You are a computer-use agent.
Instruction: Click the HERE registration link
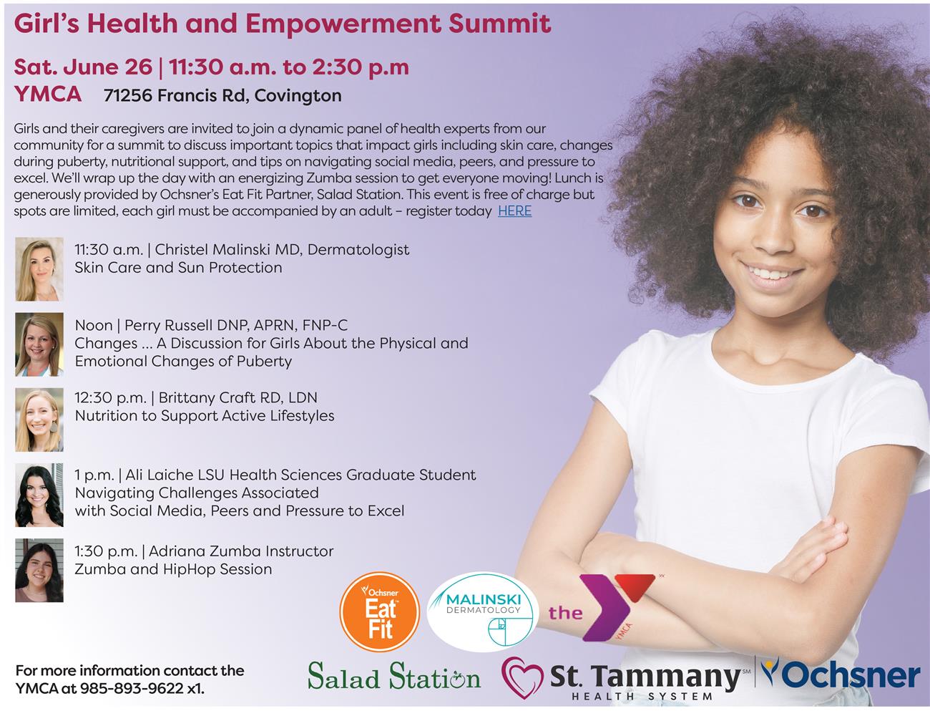pos(514,211)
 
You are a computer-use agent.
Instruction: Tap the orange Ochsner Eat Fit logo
pos(380,611)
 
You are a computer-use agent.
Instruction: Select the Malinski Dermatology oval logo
pos(482,611)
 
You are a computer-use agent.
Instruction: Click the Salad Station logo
pos(393,677)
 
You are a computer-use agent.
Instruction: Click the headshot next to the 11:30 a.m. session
pos(39,269)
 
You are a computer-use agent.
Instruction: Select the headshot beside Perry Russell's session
pos(39,344)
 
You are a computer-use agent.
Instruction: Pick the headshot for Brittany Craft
pos(39,420)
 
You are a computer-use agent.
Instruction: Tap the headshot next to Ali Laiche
pos(39,495)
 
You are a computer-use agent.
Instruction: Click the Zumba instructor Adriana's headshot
pos(39,570)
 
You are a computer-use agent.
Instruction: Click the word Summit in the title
pos(500,24)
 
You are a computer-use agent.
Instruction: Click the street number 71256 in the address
pos(128,95)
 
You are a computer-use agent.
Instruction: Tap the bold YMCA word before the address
pos(47,94)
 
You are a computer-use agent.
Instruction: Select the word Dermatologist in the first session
pos(358,250)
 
